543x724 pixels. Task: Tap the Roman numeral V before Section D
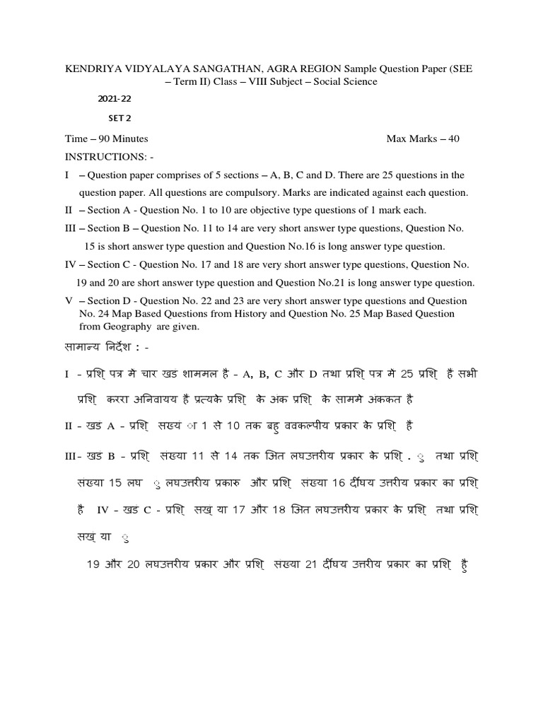click(69, 300)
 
